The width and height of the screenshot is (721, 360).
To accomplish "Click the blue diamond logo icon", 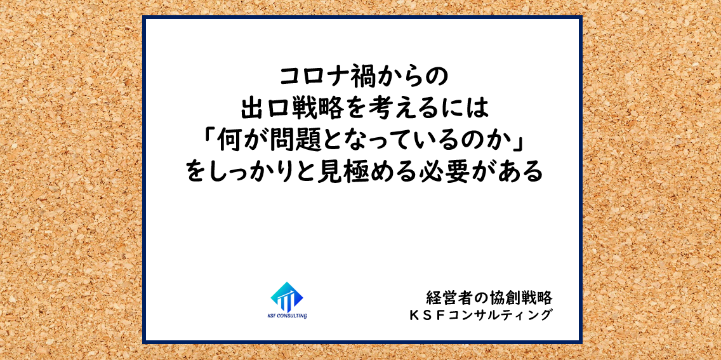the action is [287, 297].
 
